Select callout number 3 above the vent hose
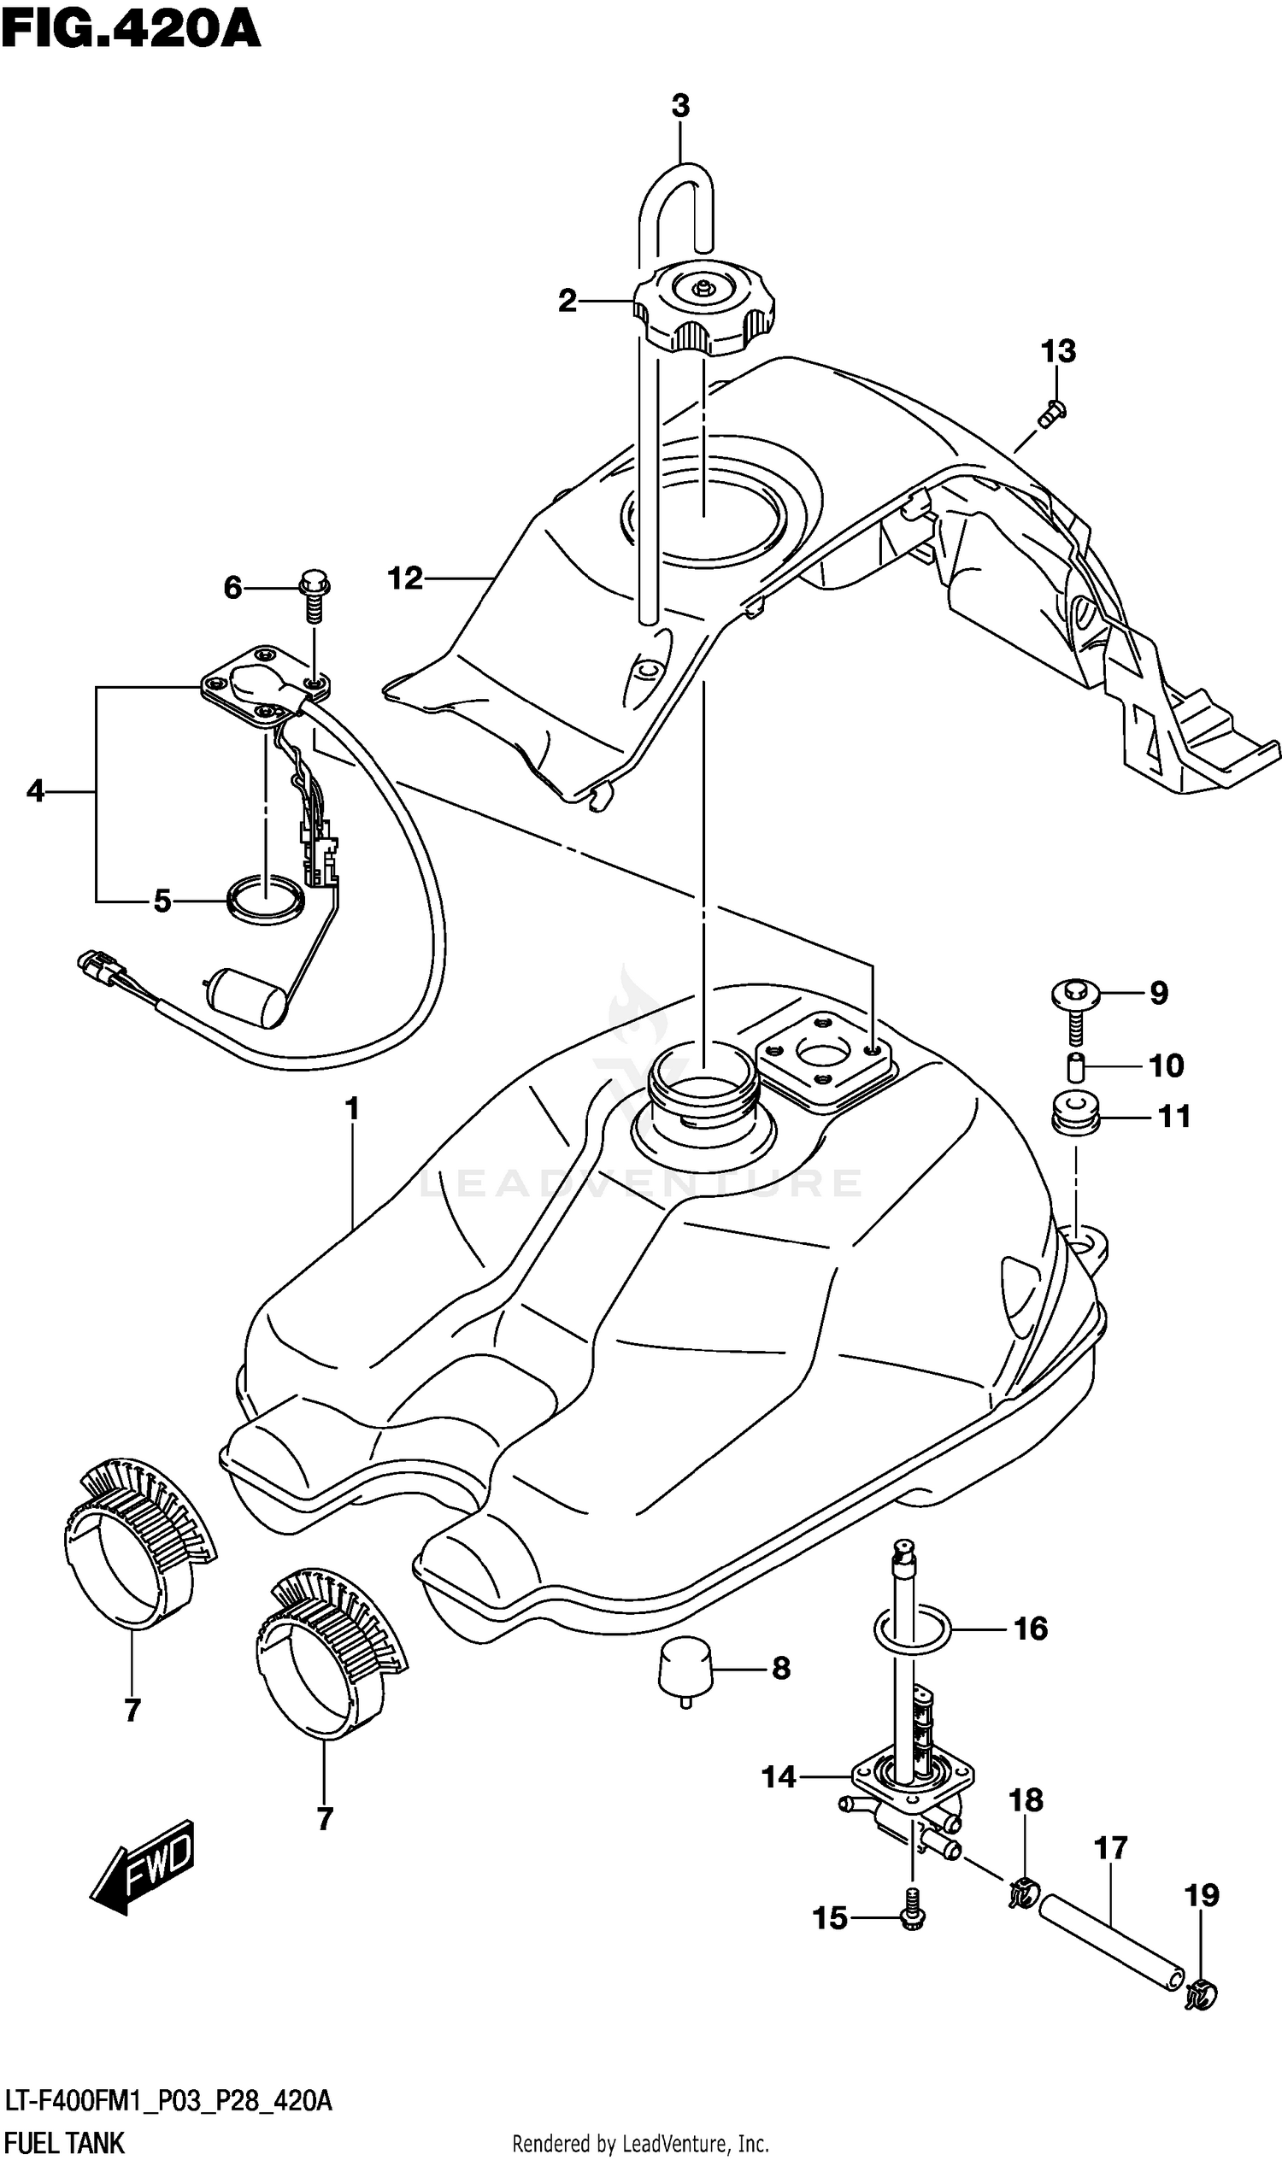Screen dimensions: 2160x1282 [x=680, y=106]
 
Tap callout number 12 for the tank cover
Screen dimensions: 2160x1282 [x=405, y=578]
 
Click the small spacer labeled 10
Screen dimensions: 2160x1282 [x=1075, y=1067]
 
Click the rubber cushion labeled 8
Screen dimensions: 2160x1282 [x=685, y=1666]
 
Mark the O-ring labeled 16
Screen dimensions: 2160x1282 [x=912, y=1629]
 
